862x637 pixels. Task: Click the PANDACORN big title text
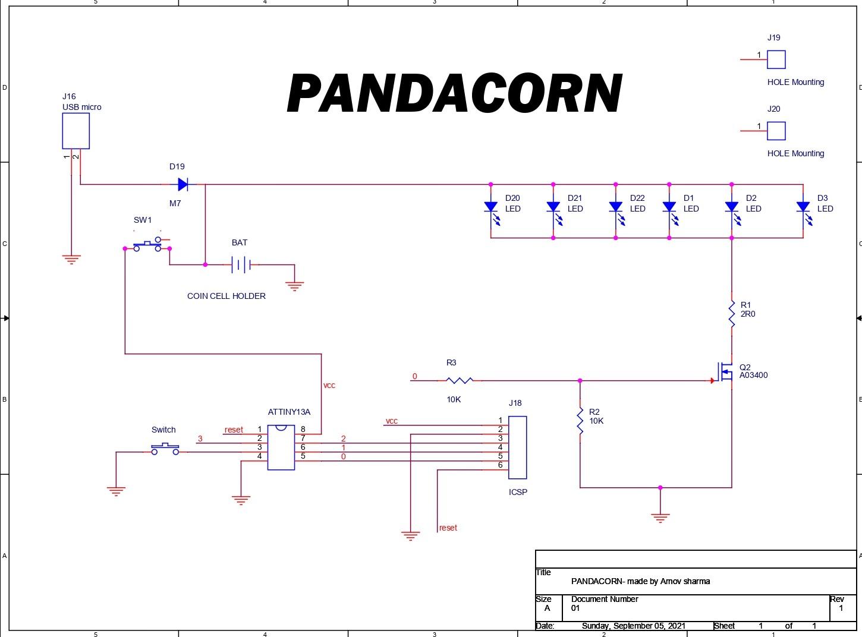(x=455, y=93)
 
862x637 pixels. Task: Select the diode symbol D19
(x=183, y=185)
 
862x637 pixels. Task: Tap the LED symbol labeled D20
(x=491, y=207)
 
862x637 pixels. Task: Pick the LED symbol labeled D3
(x=803, y=207)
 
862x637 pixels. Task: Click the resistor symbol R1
(x=732, y=314)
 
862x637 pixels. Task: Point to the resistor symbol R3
(x=460, y=380)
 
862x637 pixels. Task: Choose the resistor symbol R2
(x=580, y=421)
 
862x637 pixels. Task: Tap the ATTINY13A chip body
(x=281, y=447)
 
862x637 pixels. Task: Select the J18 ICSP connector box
(x=517, y=447)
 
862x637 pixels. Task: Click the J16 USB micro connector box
(x=76, y=131)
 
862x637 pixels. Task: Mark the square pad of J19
(x=776, y=59)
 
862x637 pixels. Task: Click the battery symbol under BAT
(x=241, y=265)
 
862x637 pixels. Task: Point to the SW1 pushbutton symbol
(x=147, y=245)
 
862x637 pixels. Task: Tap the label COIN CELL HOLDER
(x=226, y=296)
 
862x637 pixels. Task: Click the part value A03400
(x=753, y=376)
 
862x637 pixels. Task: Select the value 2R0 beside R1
(x=748, y=314)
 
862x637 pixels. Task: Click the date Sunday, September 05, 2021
(x=633, y=626)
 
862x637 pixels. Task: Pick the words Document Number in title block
(x=605, y=599)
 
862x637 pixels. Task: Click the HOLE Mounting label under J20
(x=795, y=153)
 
